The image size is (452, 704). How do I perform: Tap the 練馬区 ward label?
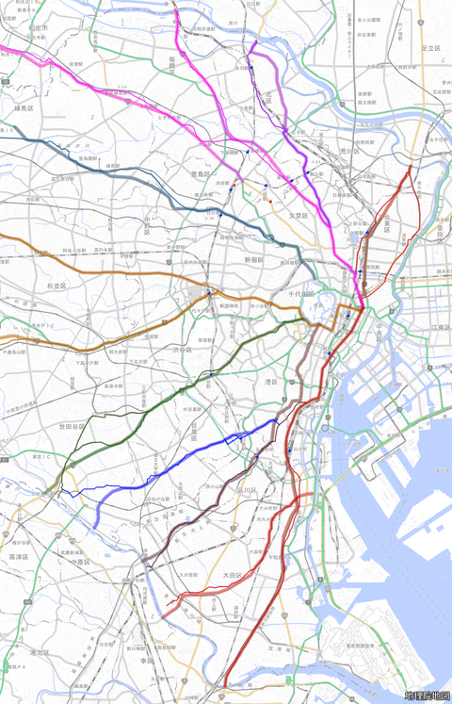(x=24, y=108)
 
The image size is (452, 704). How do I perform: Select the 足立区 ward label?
(x=431, y=47)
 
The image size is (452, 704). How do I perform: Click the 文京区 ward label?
(x=299, y=216)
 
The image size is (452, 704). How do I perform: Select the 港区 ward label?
(x=270, y=382)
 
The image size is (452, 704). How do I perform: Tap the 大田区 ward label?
(x=233, y=574)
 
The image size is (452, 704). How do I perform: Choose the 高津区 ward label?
(x=19, y=557)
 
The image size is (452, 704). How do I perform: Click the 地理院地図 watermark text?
(x=427, y=696)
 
